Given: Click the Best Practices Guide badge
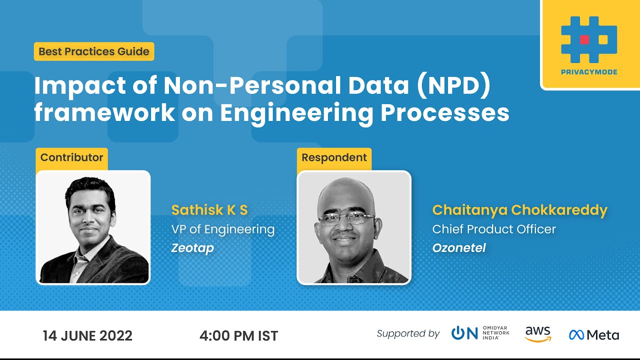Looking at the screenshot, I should click(94, 51).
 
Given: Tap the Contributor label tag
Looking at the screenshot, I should click(71, 157).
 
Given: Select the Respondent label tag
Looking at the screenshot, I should click(334, 157).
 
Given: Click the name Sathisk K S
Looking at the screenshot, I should click(209, 210).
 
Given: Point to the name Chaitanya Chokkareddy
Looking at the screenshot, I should click(519, 210).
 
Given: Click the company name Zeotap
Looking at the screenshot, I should click(192, 248).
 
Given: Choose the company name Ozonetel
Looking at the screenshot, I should click(459, 248).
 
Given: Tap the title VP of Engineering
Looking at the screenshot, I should click(223, 229).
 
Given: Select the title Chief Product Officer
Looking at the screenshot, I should click(494, 229).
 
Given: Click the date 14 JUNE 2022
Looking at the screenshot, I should click(87, 335).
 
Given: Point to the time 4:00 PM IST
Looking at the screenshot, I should click(238, 335).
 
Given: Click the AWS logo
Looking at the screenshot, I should click(538, 334).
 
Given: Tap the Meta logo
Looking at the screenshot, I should click(594, 334).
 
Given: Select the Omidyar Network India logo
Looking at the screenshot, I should click(480, 333).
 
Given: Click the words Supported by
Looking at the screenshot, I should click(408, 333).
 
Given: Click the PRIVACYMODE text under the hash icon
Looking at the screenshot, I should click(589, 72).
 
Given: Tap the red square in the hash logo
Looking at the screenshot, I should click(584, 39).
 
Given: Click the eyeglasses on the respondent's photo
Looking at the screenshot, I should click(346, 218).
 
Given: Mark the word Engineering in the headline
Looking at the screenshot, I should click(296, 113).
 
